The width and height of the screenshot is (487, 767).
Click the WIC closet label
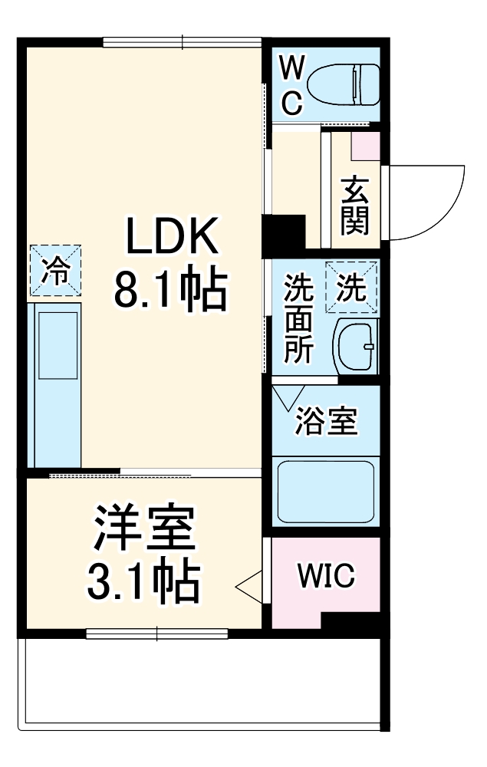(326, 574)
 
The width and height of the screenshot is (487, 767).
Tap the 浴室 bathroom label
(327, 421)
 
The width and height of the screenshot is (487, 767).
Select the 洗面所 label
(298, 318)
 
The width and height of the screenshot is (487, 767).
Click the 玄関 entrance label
(355, 205)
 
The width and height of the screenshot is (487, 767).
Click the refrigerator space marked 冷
(55, 271)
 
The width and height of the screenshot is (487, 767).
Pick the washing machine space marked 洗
(352, 287)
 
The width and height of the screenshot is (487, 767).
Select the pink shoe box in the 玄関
(366, 144)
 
